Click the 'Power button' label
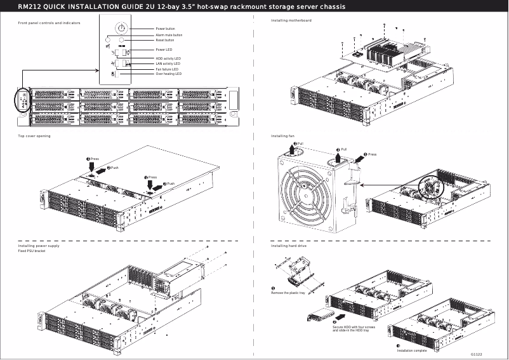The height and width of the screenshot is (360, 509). click(x=165, y=29)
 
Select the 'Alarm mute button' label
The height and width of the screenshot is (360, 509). click(x=169, y=36)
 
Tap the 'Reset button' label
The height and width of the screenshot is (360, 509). click(x=165, y=40)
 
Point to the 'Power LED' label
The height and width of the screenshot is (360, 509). click(x=164, y=50)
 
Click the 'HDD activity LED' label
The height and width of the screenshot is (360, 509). click(x=168, y=58)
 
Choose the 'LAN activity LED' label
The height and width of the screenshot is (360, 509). click(x=168, y=64)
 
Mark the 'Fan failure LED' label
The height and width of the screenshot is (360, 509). click(x=167, y=69)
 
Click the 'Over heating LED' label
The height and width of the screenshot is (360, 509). click(x=169, y=74)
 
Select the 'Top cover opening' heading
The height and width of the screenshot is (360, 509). click(x=34, y=137)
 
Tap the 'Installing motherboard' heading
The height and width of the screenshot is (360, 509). click(x=291, y=21)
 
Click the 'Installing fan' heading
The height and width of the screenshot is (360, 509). click(x=282, y=137)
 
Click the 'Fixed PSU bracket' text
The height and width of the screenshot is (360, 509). click(x=32, y=251)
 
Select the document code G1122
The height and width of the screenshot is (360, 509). click(x=477, y=354)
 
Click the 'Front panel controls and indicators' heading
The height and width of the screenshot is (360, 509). click(x=48, y=23)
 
